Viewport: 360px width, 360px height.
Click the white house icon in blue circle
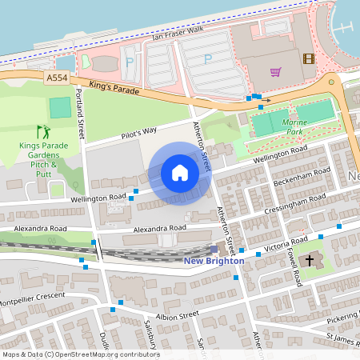point(180,173)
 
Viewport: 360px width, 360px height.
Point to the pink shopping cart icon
point(275,72)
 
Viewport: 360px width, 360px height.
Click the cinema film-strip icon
point(309,58)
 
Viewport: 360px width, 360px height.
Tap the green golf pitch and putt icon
point(42,131)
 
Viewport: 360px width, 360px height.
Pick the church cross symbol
point(309,261)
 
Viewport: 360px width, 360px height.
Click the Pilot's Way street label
point(138,131)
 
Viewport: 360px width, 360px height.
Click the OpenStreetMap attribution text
point(80,354)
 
